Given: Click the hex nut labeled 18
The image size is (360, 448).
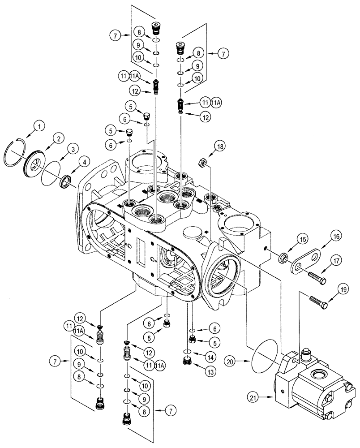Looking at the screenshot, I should click(x=202, y=163).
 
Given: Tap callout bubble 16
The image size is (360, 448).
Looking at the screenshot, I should click(x=336, y=236).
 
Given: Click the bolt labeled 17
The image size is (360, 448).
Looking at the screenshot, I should click(x=317, y=277).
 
